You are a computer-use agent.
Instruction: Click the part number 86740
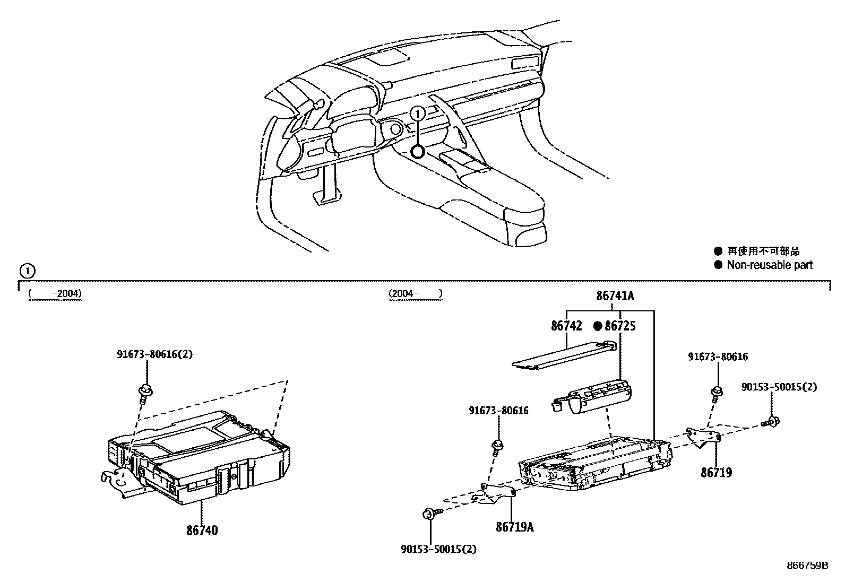tap(202, 529)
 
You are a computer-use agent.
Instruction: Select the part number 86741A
tap(615, 296)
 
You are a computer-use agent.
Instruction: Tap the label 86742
tap(566, 326)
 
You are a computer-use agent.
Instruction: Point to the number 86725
tap(620, 326)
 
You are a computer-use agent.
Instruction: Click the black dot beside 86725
tap(598, 326)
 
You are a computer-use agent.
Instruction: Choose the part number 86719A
tap(515, 527)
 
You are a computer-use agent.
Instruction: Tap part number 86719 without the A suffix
tap(716, 472)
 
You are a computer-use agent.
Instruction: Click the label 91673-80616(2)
tap(155, 354)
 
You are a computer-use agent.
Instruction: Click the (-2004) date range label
tap(55, 293)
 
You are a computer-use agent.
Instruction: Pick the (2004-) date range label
tap(415, 293)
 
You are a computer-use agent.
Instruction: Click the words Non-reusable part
tap(769, 265)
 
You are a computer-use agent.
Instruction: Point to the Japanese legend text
tap(763, 251)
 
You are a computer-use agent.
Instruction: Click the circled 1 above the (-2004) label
tap(27, 271)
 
